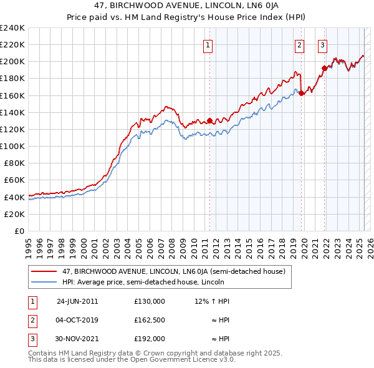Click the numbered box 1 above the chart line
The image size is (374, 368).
[x=207, y=45]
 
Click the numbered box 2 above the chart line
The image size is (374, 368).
[x=300, y=45]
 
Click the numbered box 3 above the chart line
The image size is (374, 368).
[x=323, y=45]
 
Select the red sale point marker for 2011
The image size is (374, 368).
[x=210, y=120]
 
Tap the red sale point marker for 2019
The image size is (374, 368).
[x=301, y=93]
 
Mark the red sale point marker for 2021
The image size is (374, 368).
[x=324, y=68]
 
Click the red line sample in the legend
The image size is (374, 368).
[x=44, y=271]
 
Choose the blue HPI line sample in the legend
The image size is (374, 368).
[x=44, y=281]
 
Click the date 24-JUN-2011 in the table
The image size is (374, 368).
[x=77, y=301]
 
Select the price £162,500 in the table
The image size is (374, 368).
[x=150, y=320]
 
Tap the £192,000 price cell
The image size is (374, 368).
[x=150, y=339]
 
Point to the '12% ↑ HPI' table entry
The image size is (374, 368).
[x=212, y=301]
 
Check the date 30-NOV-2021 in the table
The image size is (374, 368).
[x=77, y=339]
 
